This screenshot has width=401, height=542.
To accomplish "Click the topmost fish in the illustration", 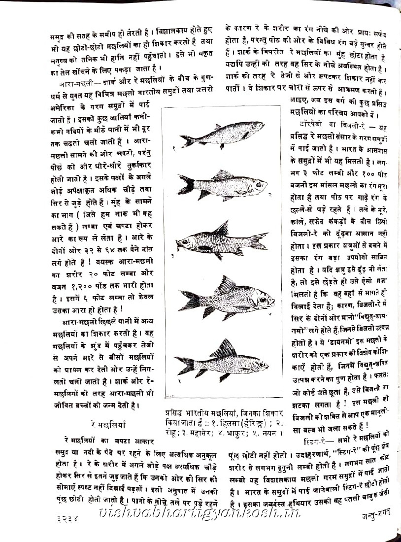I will tap(222, 135).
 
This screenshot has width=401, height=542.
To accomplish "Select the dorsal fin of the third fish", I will tap(223, 229).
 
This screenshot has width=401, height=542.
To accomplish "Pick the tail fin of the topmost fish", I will tap(188, 141).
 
